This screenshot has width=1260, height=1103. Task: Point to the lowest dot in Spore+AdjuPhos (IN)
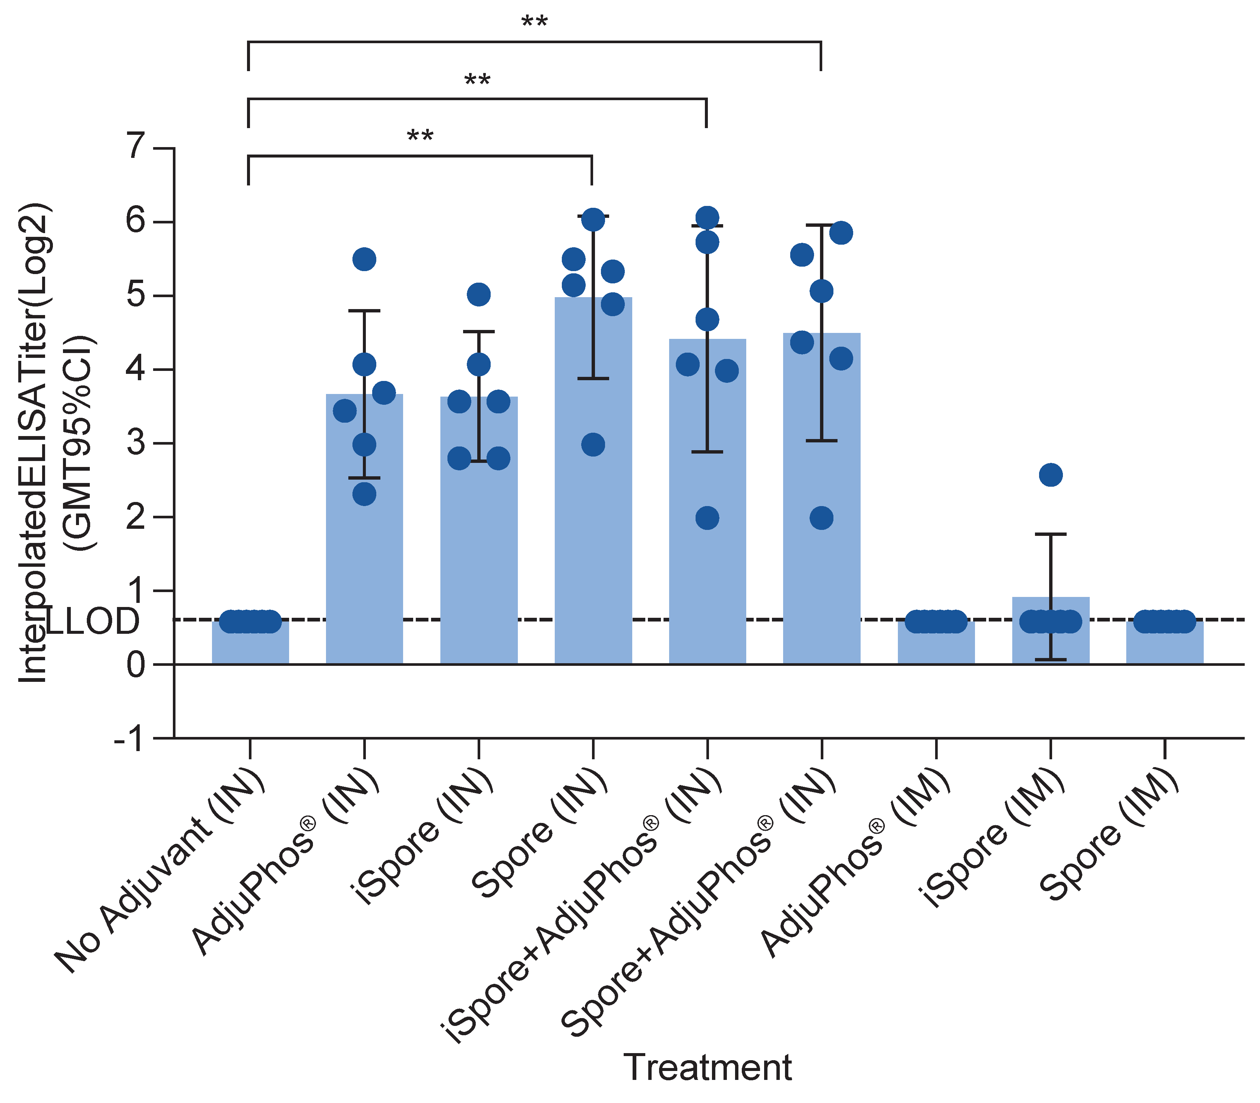point(821,518)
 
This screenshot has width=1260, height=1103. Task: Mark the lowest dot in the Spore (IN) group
point(592,444)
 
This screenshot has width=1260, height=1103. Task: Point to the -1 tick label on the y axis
point(129,738)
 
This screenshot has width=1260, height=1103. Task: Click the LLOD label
point(92,621)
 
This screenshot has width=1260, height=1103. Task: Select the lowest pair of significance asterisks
point(420,136)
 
